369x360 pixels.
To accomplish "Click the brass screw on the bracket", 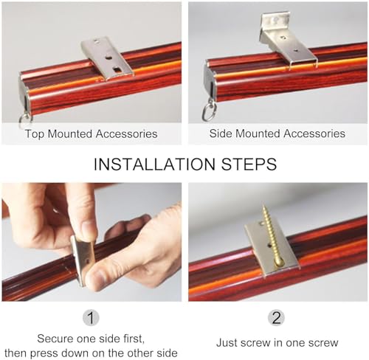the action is [x=271, y=236].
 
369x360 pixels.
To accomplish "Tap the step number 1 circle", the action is [x=91, y=318].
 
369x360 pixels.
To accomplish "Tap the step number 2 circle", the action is [x=276, y=317].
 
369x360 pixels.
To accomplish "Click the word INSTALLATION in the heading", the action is [x=154, y=165].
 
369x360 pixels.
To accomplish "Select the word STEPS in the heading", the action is [x=249, y=165].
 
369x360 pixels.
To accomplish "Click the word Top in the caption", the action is [x=35, y=134].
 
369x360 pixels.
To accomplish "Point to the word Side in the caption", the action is [x=220, y=134].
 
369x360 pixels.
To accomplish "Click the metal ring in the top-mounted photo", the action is [x=24, y=120].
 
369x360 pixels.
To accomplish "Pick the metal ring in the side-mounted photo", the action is [x=209, y=112].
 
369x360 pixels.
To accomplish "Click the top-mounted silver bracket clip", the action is [x=107, y=58].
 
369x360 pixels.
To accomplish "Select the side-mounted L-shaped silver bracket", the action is [x=286, y=39].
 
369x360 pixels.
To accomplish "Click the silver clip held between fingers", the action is [x=83, y=260].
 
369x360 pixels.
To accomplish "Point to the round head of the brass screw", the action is [x=279, y=262].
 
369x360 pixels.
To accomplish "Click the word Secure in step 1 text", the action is [x=55, y=339].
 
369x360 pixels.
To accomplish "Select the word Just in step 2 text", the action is [x=227, y=342].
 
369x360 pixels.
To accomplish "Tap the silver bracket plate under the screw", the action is [x=272, y=249].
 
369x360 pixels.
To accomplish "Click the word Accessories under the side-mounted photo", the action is [x=314, y=134].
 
